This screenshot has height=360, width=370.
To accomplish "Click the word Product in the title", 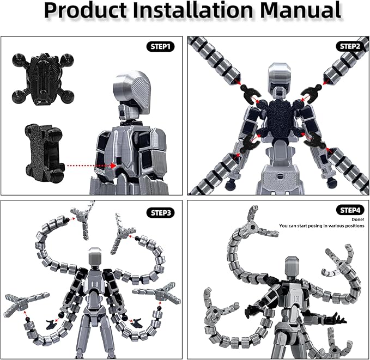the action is pos(85,10).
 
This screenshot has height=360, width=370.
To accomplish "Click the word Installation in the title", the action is pos(193,10).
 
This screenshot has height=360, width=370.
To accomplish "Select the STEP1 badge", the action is pos(160,47).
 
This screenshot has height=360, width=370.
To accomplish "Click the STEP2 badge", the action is pos(350,46).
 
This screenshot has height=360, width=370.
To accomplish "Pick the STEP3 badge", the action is pos(160,213).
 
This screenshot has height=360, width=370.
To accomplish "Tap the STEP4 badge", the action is pos(350,210).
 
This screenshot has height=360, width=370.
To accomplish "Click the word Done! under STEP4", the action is pos(357,219).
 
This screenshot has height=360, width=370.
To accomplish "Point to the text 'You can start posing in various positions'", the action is pos(322,226).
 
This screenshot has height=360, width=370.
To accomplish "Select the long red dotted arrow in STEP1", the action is pos(92,166).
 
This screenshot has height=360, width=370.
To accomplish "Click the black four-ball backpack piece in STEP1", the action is pos(43,79).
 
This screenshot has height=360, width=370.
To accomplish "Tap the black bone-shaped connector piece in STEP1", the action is pos(44,152).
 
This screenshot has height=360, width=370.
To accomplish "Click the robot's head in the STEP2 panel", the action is pos(280,74).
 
